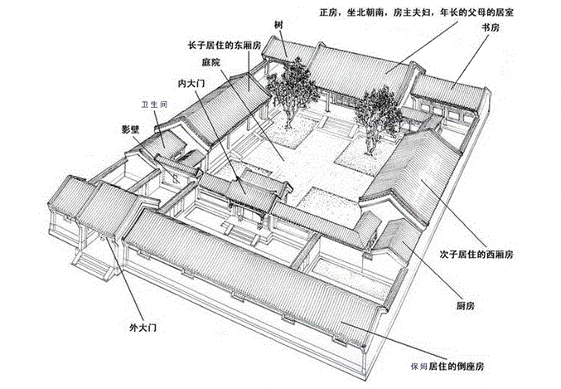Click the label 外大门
click(141, 328)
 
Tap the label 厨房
click(465, 307)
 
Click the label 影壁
click(130, 130)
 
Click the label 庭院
click(210, 62)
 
